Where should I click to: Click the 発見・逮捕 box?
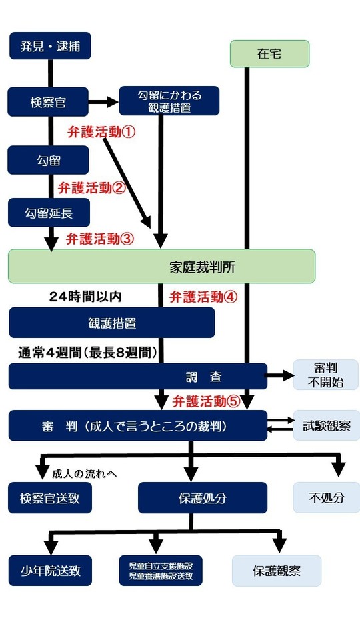50,46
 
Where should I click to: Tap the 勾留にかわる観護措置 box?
169,101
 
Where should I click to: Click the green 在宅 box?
269,54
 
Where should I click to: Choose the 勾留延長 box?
49,213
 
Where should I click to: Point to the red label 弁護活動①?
101,132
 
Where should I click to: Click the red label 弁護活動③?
100,239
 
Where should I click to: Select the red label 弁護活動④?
203,297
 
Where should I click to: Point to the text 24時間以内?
85,295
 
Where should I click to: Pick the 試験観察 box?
326,425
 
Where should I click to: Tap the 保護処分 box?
202,498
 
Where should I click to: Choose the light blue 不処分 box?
326,498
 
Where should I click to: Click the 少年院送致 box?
50,571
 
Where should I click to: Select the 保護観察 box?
276,571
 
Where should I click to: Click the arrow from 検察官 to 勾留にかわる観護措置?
103,102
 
